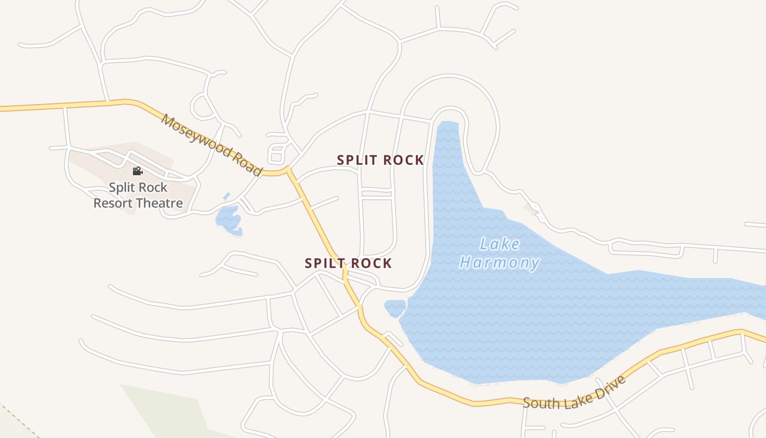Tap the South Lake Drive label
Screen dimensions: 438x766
click(574, 393)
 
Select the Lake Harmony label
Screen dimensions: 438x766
click(499, 253)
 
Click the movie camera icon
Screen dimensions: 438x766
click(137, 171)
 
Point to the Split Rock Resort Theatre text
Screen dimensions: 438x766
click(138, 195)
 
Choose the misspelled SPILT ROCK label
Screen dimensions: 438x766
click(348, 263)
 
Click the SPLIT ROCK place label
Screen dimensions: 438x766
click(380, 160)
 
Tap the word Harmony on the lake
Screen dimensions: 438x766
click(499, 263)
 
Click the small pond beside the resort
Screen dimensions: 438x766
click(229, 219)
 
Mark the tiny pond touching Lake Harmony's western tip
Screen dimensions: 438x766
click(394, 308)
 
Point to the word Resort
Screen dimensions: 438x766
click(113, 204)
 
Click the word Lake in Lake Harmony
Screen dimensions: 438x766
click(500, 244)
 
